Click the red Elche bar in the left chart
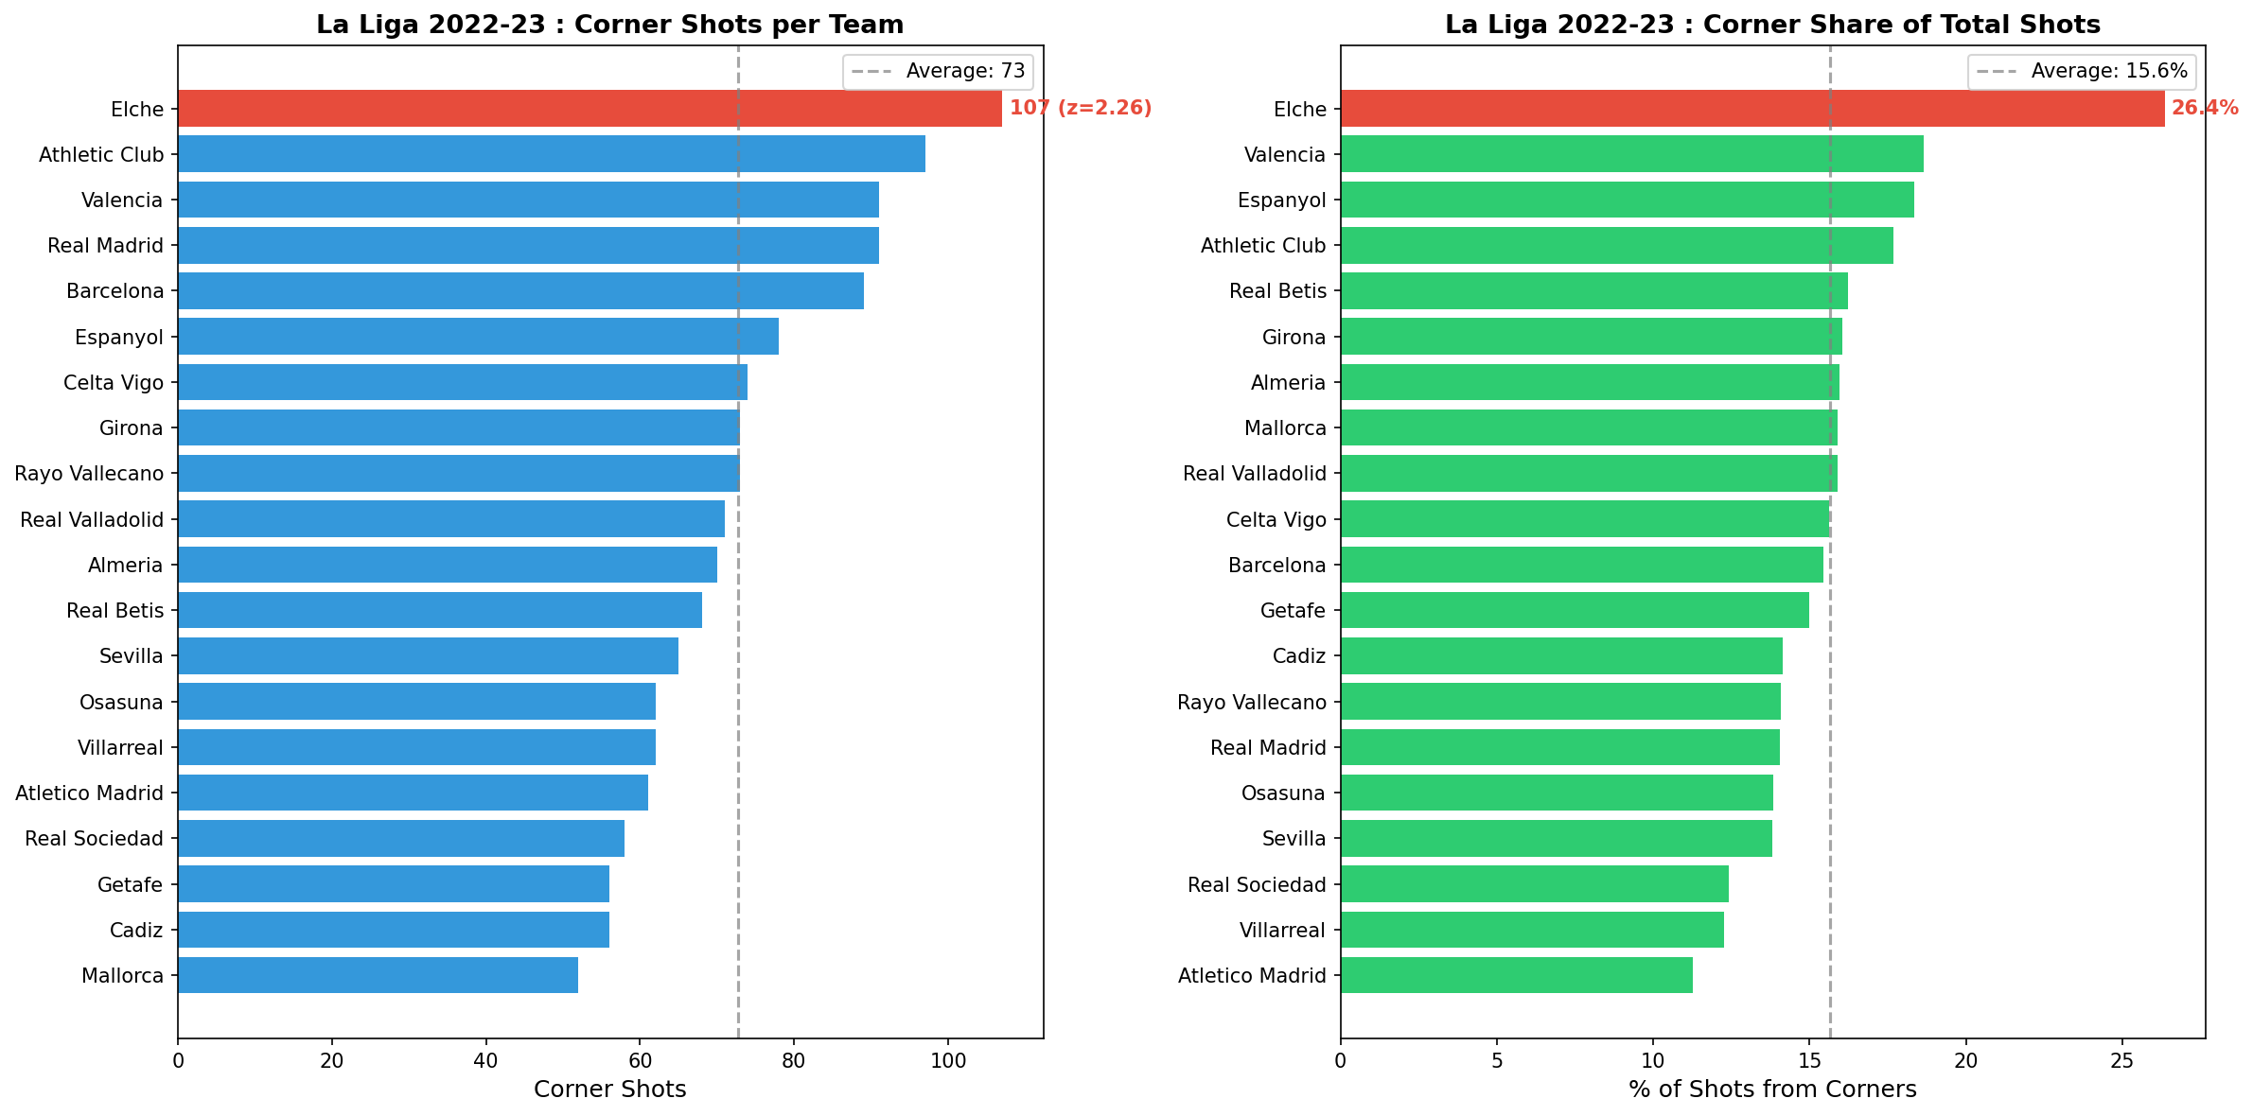pyautogui.click(x=589, y=109)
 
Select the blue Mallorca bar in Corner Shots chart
pyautogui.click(x=378, y=975)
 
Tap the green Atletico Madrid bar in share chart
pyautogui.click(x=1516, y=975)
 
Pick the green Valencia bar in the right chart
pyautogui.click(x=1631, y=154)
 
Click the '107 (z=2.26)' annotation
pyautogui.click(x=1080, y=109)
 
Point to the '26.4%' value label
pyautogui.click(x=2204, y=109)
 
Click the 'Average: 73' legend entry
pyautogui.click(x=964, y=72)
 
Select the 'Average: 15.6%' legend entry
pyautogui.click(x=2108, y=72)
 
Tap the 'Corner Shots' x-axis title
pyautogui.click(x=609, y=1090)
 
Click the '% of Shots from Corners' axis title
pyautogui.click(x=1772, y=1090)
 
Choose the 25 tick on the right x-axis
pyautogui.click(x=2122, y=1061)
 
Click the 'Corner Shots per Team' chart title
pyautogui.click(x=609, y=25)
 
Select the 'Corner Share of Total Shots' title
pyautogui.click(x=1772, y=25)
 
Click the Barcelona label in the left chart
pyautogui.click(x=115, y=291)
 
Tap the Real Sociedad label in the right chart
pyautogui.click(x=1257, y=884)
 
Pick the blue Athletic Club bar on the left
pyautogui.click(x=551, y=154)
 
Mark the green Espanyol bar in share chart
pyautogui.click(x=1627, y=200)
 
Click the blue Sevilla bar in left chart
pyautogui.click(x=428, y=655)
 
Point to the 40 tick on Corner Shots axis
pyautogui.click(x=485, y=1061)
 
